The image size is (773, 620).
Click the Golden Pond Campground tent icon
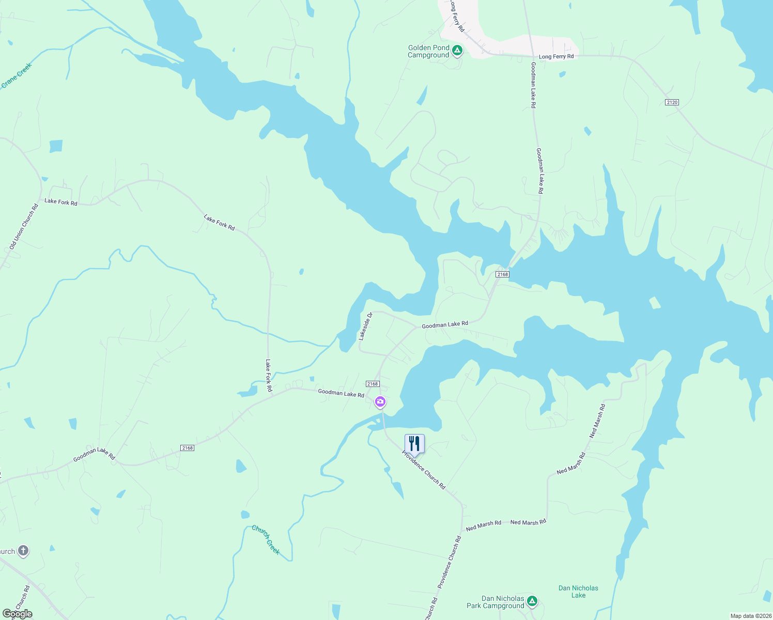point(457,51)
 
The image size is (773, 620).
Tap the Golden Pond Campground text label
point(428,52)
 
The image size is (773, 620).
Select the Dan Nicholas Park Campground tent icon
point(532,601)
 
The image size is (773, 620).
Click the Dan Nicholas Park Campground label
point(495,602)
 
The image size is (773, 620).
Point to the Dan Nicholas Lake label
point(578,592)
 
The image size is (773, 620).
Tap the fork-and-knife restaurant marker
point(414,444)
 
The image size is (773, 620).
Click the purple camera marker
point(380,401)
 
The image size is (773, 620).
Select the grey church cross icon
point(23,551)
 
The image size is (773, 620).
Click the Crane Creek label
point(17,75)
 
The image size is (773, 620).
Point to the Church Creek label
point(266,539)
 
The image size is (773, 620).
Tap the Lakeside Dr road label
point(366,326)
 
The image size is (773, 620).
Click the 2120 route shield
point(672,102)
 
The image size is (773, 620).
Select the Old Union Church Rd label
point(24,227)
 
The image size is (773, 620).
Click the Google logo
point(18,614)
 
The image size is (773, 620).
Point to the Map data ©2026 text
point(751,616)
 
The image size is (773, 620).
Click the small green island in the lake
point(655,303)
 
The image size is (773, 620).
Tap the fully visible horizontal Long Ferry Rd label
point(556,57)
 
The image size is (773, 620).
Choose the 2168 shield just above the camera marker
point(373,384)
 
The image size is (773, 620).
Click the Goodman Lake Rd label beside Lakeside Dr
point(445,324)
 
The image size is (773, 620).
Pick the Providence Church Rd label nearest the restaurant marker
point(424,470)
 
